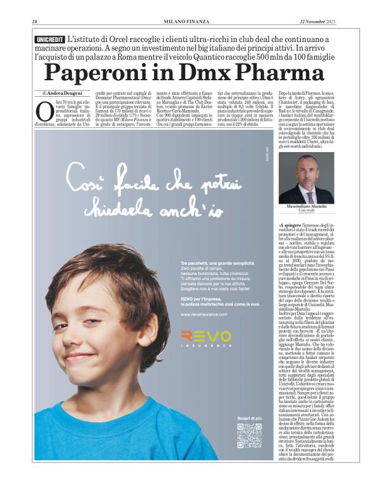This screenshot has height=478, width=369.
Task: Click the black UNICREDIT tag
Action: pyautogui.click(x=51, y=39)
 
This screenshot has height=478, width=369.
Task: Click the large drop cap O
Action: pyautogui.click(x=44, y=111)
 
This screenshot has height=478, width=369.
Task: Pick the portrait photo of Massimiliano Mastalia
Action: pyautogui.click(x=306, y=178)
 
